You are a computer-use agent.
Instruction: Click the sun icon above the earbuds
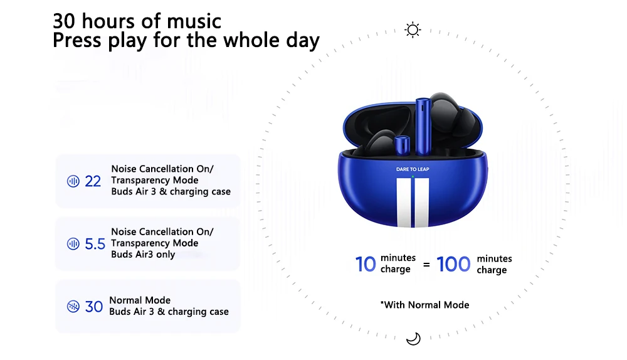pyautogui.click(x=413, y=30)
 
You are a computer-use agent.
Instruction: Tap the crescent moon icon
pyautogui.click(x=413, y=339)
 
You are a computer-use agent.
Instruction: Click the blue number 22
pyautogui.click(x=93, y=181)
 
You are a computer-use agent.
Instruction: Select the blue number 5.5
pyautogui.click(x=95, y=243)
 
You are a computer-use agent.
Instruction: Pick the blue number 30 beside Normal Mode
pyautogui.click(x=94, y=307)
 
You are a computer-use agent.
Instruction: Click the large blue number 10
pyautogui.click(x=366, y=264)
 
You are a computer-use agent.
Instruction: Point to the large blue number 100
pyautogui.click(x=453, y=264)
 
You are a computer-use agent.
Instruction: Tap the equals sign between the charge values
pyautogui.click(x=426, y=265)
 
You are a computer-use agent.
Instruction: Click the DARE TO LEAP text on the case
pyautogui.click(x=413, y=169)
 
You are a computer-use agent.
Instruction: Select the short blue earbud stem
pyautogui.click(x=402, y=146)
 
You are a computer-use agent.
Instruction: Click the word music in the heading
pyautogui.click(x=194, y=21)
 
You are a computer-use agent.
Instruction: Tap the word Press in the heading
pyautogui.click(x=77, y=40)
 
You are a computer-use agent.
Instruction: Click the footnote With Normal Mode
pyautogui.click(x=424, y=305)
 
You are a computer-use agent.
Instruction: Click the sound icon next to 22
pyautogui.click(x=73, y=181)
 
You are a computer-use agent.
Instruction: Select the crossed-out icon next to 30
pyautogui.click(x=73, y=307)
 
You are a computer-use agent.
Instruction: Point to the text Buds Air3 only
pyautogui.click(x=143, y=255)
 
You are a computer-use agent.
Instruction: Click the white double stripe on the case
pyautogui.click(x=413, y=203)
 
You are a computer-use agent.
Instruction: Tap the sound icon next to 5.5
pyautogui.click(x=73, y=243)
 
